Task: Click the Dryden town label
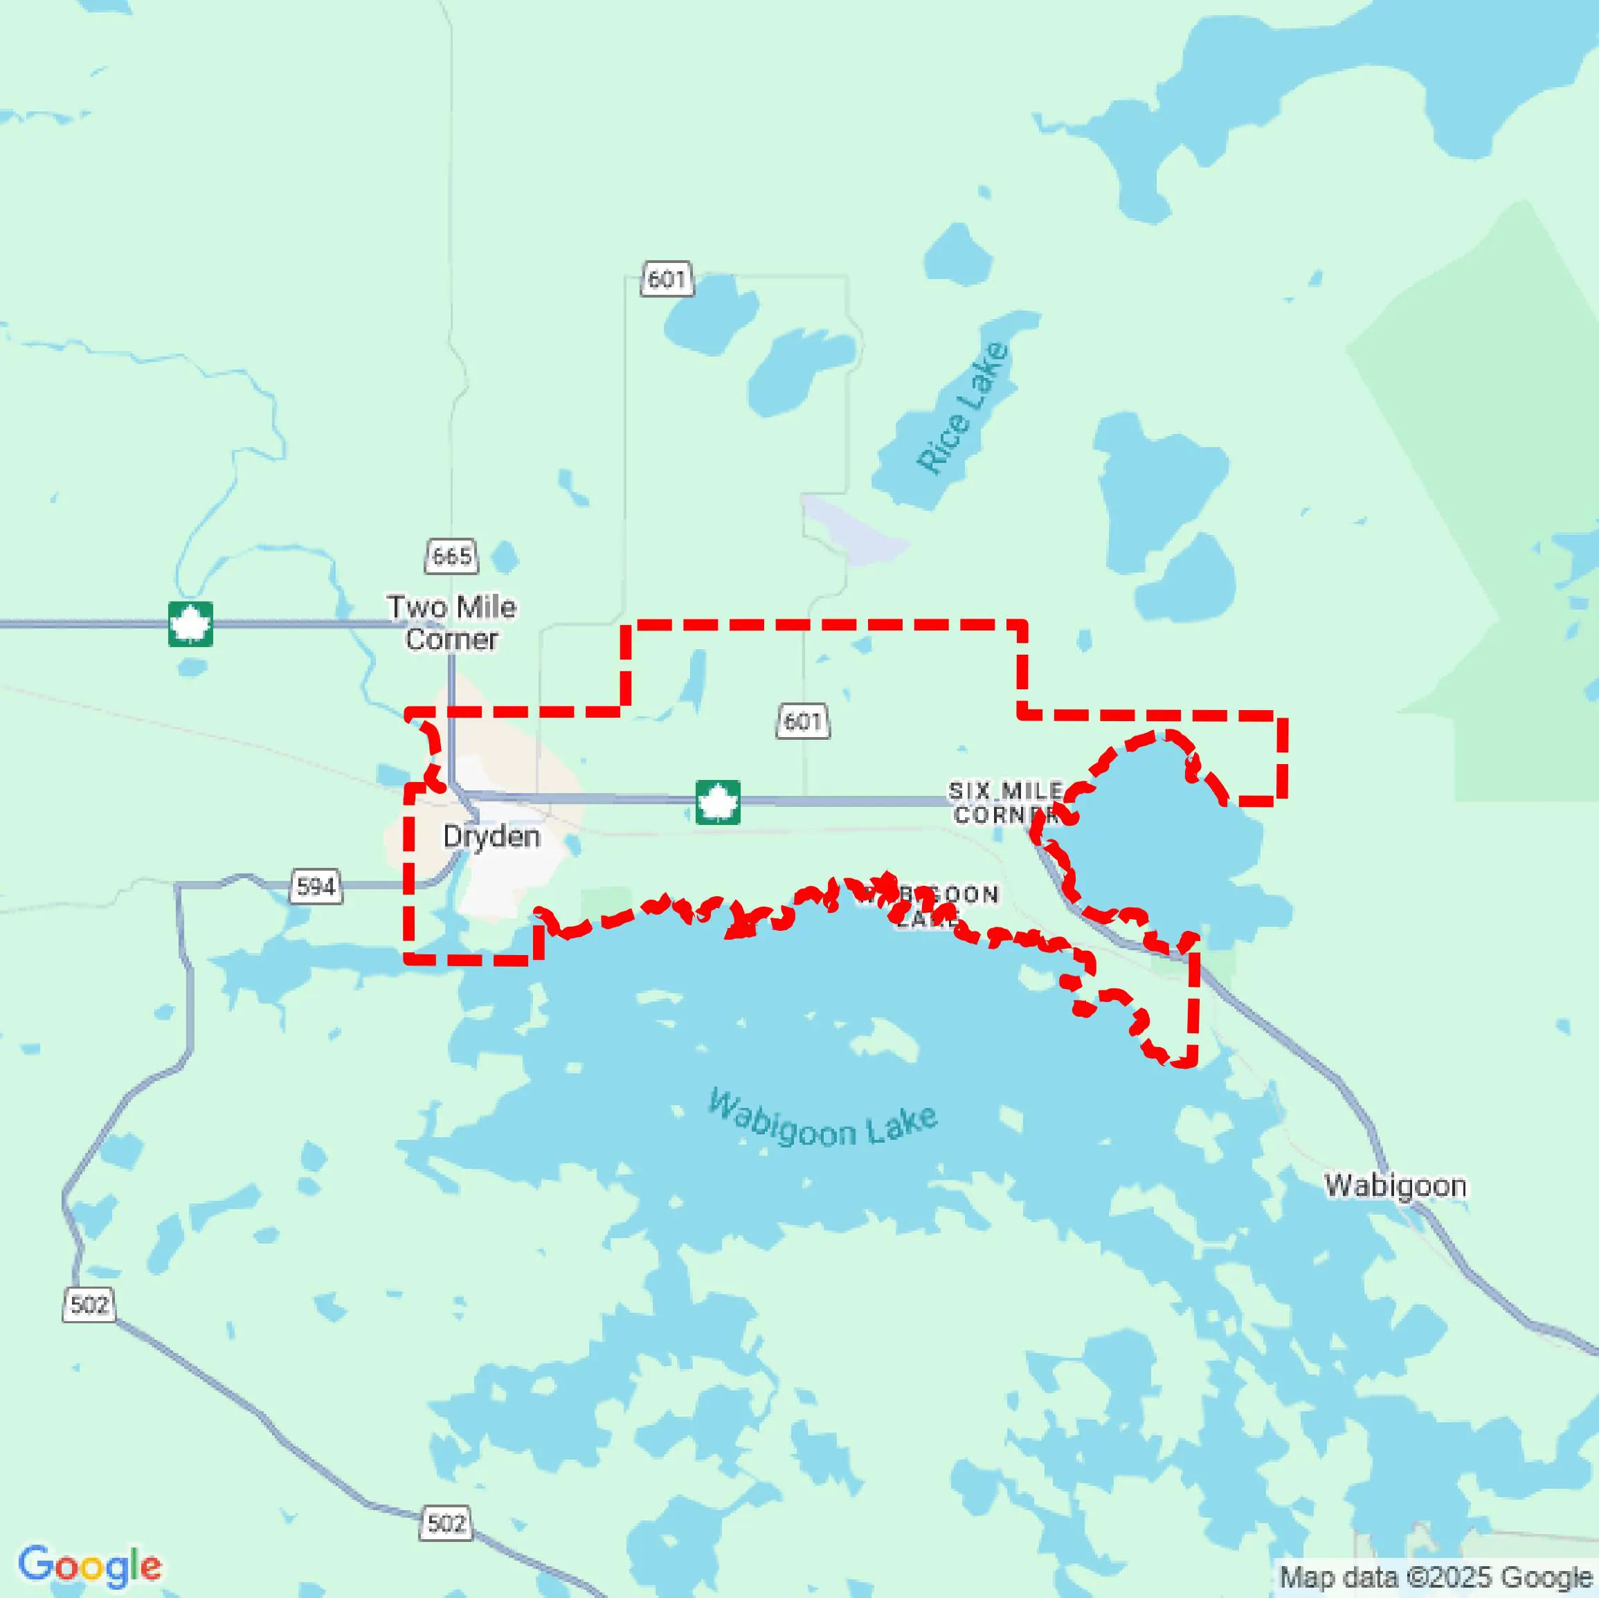coord(491,836)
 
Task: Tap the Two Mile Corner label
coord(452,622)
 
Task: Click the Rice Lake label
coord(964,407)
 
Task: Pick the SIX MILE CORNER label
coord(1006,803)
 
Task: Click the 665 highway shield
coord(452,555)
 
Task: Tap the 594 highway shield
coord(316,887)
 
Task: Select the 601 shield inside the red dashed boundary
coord(803,721)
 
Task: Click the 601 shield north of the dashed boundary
coord(667,279)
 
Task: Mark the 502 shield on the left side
coord(89,1305)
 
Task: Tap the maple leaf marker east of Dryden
coord(718,802)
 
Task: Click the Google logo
coord(89,1565)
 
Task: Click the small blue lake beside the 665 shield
coord(504,557)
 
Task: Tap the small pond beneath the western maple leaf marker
coord(191,667)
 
